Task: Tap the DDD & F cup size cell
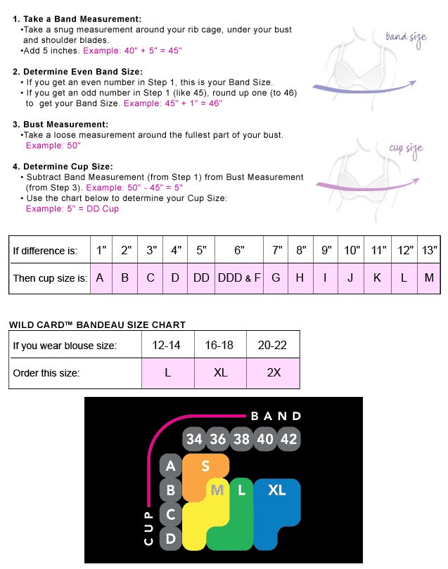[239, 278]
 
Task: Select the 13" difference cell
[429, 250]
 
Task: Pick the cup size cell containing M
[429, 278]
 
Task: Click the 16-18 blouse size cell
[220, 345]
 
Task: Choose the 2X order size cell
[274, 373]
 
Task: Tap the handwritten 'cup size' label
[407, 149]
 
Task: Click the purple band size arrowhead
[412, 84]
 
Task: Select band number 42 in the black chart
[288, 439]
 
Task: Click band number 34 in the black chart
[194, 439]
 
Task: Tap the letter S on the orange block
[205, 466]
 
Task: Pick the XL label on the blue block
[277, 490]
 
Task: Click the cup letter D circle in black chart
[170, 539]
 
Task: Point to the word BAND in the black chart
[276, 417]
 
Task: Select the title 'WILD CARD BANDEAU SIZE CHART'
[97, 325]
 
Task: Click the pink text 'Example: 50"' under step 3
[53, 145]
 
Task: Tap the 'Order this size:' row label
[46, 373]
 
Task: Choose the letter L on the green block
[242, 490]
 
